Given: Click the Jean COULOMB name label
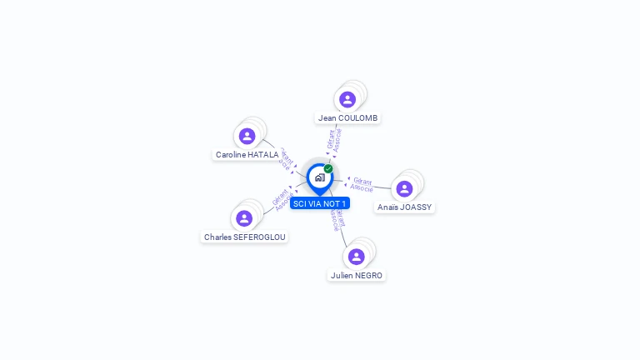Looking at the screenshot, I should coord(348,118).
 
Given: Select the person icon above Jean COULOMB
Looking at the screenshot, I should coord(347,100).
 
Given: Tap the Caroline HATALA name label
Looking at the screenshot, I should coord(247,154).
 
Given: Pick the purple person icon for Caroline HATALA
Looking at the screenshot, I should coord(247,136).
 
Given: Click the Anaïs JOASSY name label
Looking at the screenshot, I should coord(405,207).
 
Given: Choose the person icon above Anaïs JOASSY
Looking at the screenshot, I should coord(404,188).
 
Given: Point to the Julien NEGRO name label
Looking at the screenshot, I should coord(357,275).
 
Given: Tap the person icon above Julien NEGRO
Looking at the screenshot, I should coord(357,257).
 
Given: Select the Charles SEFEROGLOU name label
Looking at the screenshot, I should coord(244,237).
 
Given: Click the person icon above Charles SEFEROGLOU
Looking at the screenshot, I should coord(244,218).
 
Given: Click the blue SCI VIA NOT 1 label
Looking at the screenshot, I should coord(320,203).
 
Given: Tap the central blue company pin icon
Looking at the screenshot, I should coord(319,177).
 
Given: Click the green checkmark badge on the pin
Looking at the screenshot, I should coord(328,169).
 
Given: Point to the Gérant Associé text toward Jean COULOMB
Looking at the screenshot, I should coord(334,140).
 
